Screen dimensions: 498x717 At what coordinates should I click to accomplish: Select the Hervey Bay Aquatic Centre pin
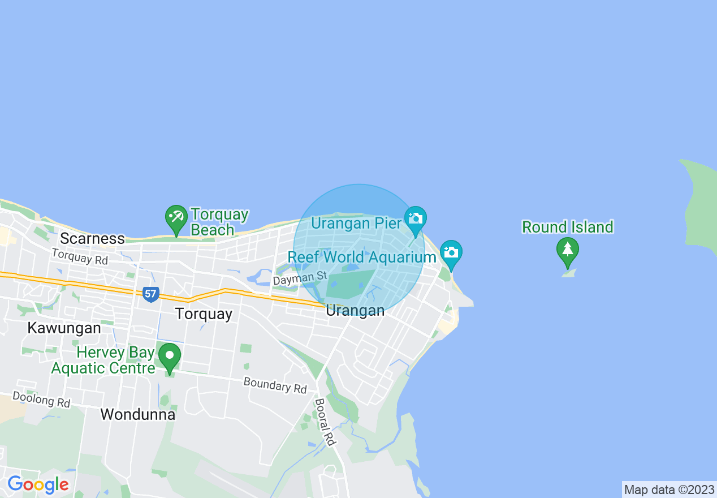(169, 357)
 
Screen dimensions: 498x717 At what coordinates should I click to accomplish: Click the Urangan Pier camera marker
(416, 219)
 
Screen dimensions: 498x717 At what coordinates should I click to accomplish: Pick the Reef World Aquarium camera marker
(451, 253)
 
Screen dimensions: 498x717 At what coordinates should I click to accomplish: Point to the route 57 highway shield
(150, 294)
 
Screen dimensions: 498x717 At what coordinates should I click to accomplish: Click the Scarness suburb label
(92, 238)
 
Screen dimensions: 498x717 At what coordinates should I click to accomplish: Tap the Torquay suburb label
(204, 314)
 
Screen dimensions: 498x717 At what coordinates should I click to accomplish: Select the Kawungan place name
(64, 328)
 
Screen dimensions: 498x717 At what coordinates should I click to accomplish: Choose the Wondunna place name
(138, 414)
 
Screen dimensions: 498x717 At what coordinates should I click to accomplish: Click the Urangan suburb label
(355, 311)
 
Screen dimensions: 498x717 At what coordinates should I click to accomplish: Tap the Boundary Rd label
(275, 385)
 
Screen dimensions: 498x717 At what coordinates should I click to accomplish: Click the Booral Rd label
(325, 422)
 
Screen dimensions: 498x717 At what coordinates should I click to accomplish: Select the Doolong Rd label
(41, 400)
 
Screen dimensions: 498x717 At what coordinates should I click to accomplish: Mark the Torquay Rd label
(79, 257)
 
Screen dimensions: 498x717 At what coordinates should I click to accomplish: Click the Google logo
(38, 484)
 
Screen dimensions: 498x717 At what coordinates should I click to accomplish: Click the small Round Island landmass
(569, 273)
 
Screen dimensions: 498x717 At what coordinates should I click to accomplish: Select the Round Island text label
(567, 227)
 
